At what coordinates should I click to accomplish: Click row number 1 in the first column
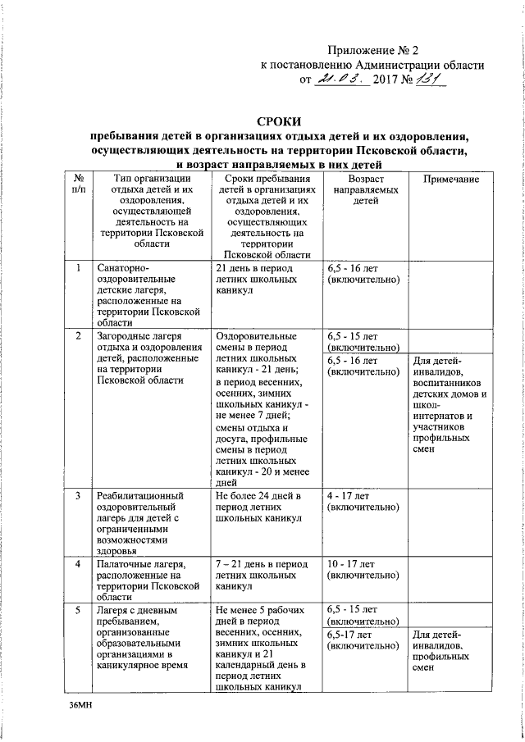78,268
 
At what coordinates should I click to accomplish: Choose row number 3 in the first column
78,497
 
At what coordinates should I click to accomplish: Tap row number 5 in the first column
78,611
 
